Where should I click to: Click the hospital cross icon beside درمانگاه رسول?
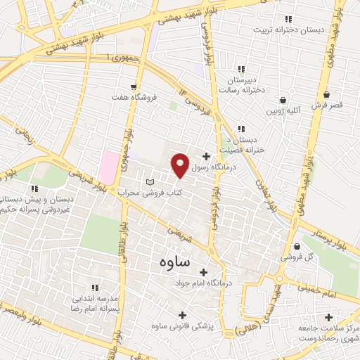pos(205,156)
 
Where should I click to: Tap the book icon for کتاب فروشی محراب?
pos(148,182)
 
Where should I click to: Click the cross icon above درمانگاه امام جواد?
pos(204,272)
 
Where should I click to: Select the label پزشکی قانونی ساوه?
pos(184,326)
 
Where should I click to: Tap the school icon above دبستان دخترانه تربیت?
pos(286,20)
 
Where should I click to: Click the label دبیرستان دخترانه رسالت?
pos(242,85)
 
